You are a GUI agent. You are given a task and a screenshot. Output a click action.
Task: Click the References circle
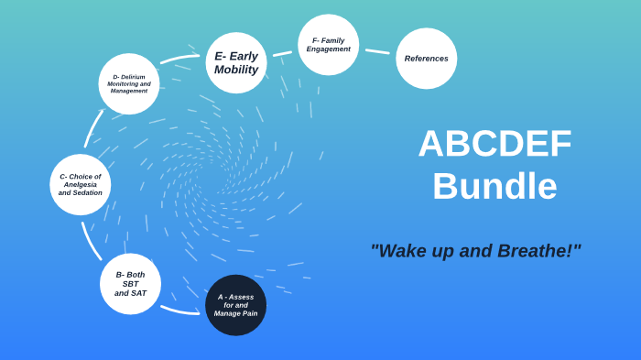(x=426, y=59)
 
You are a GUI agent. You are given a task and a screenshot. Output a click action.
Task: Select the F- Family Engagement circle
(x=328, y=44)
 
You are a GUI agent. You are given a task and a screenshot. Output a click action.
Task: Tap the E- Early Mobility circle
(x=236, y=62)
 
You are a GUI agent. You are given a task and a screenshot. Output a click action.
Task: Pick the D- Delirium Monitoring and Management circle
(x=129, y=83)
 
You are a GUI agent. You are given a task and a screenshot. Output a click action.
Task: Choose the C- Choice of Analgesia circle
(x=81, y=184)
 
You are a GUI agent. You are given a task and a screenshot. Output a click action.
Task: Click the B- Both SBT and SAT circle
(x=130, y=284)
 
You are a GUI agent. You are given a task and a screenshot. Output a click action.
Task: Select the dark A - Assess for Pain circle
(x=235, y=305)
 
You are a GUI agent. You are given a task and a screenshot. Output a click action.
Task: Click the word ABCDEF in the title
(x=494, y=143)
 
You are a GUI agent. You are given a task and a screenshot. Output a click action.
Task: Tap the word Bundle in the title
(x=494, y=186)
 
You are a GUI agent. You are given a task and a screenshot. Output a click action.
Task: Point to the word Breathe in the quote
(x=536, y=251)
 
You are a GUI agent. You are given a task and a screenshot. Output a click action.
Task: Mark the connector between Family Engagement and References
(x=377, y=51)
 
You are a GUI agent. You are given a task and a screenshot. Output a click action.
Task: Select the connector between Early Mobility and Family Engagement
(x=282, y=53)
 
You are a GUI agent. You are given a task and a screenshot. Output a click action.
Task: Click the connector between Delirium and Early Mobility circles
(x=179, y=60)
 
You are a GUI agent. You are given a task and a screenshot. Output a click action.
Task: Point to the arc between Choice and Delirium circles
(x=93, y=129)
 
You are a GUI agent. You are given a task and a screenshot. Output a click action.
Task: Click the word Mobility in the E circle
(x=236, y=70)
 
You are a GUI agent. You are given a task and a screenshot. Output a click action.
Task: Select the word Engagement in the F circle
(x=328, y=49)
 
